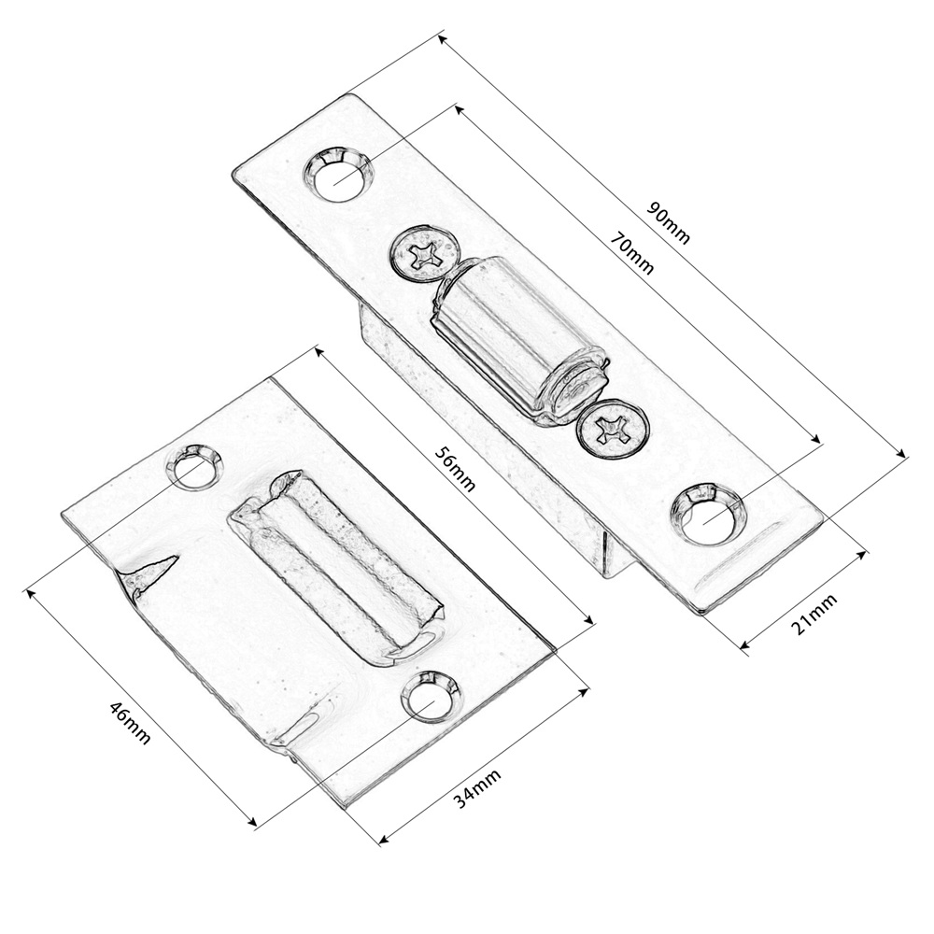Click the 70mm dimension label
click(632, 254)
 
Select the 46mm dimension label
click(129, 723)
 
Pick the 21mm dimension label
click(814, 615)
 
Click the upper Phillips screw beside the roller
click(425, 253)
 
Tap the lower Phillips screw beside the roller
click(613, 429)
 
